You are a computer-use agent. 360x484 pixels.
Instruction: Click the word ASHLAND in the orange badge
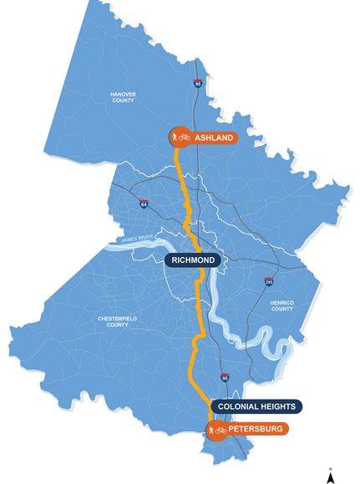[214, 137]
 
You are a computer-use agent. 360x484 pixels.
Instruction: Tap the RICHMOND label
[193, 260]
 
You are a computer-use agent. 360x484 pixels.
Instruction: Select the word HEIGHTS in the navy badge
[278, 406]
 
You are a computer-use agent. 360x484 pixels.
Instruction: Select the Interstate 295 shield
[268, 282]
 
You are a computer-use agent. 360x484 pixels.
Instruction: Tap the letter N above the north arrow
[331, 470]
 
